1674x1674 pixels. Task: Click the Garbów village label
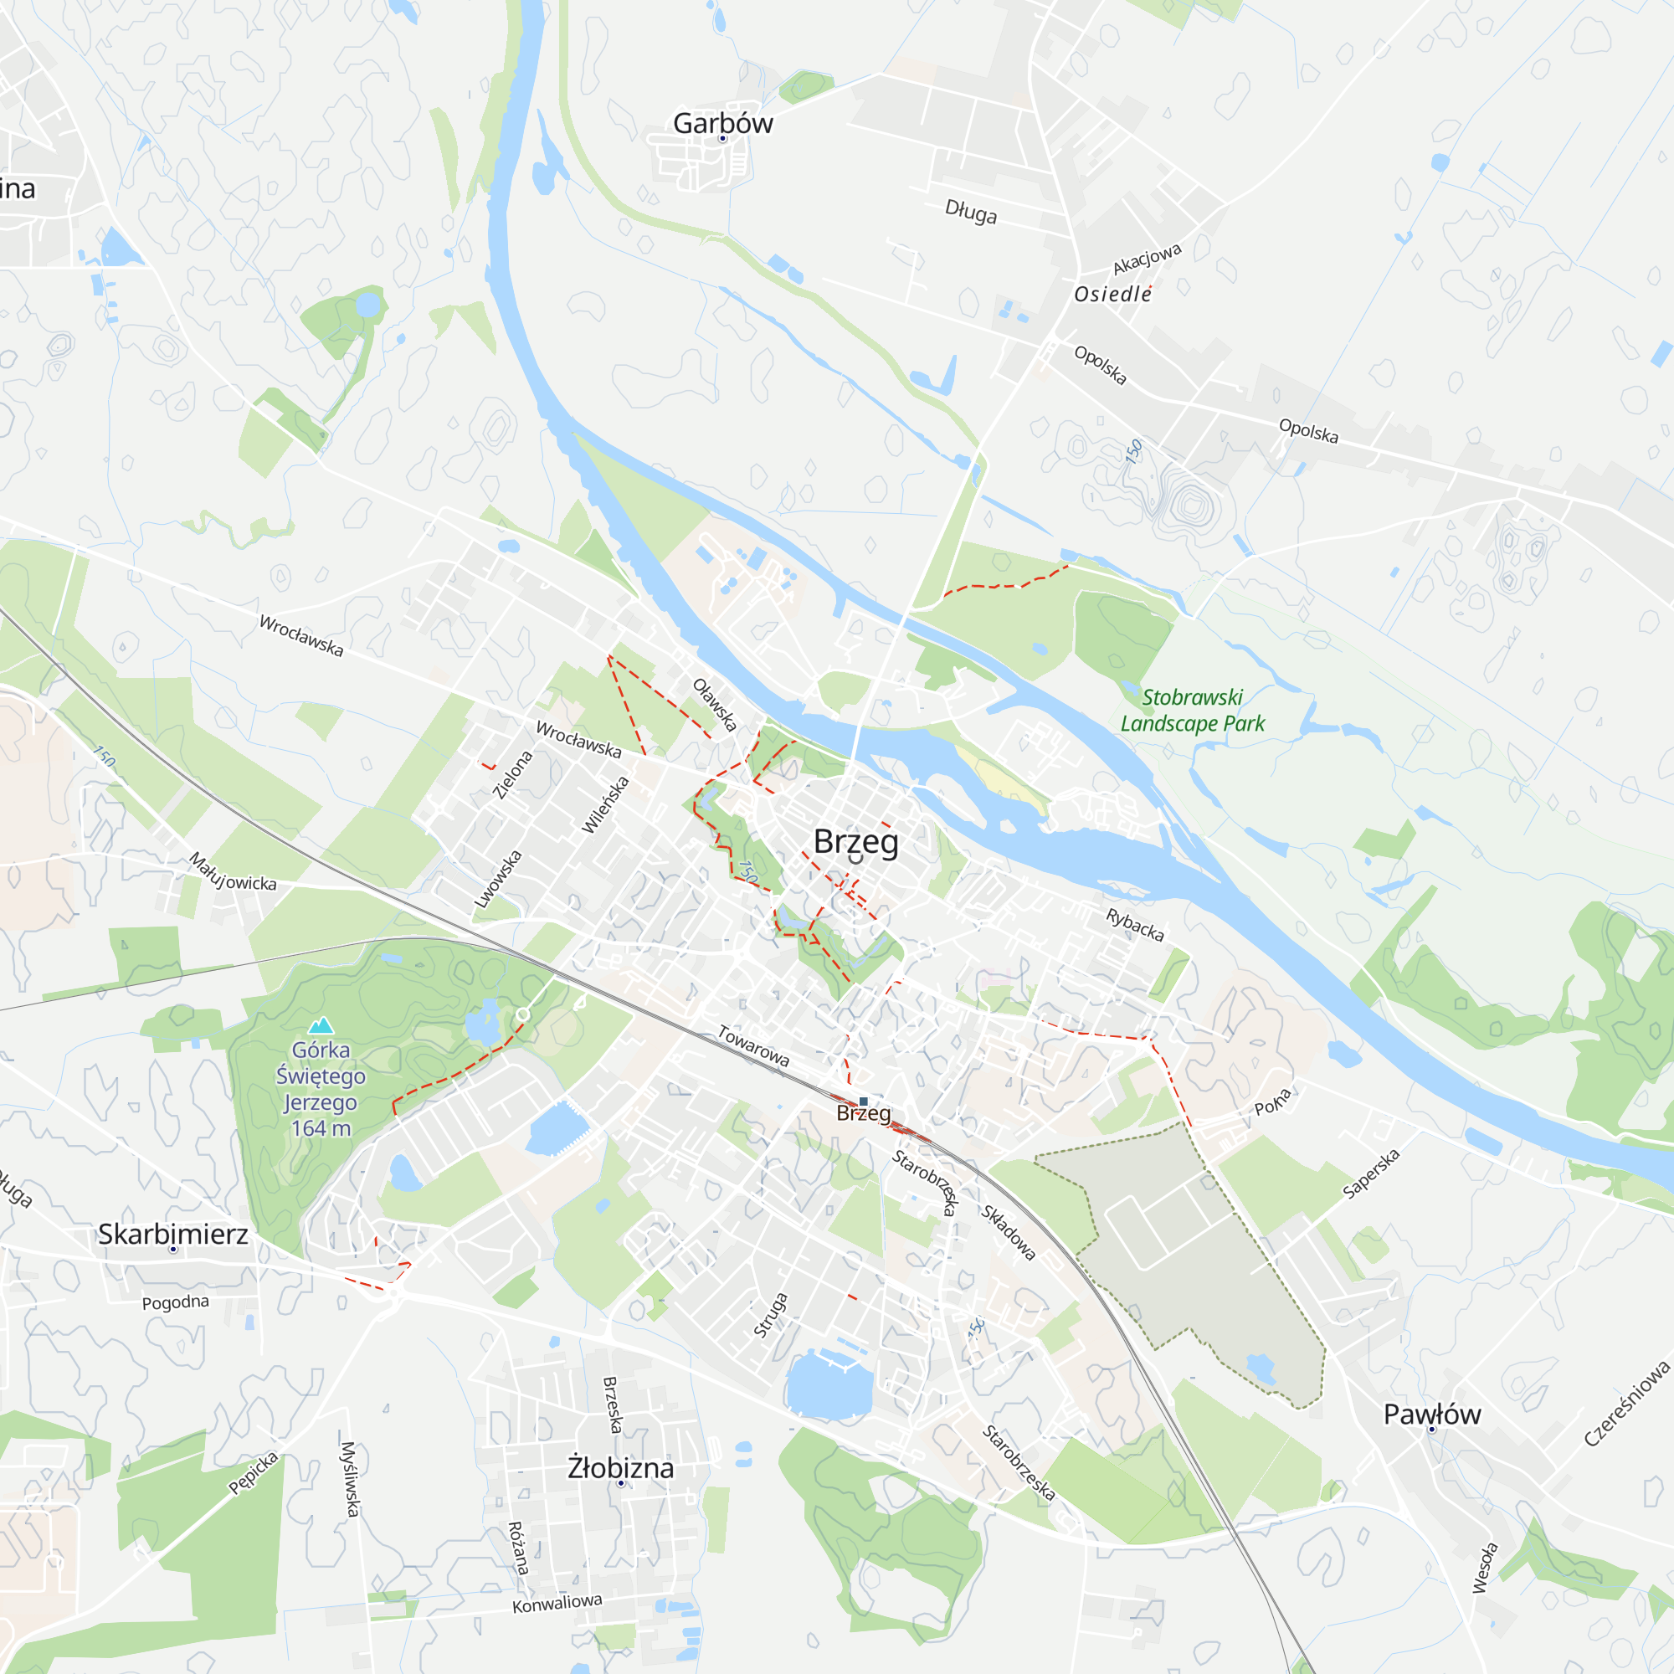[722, 123]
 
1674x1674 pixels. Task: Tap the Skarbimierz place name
[172, 1234]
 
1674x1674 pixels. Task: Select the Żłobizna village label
[620, 1468]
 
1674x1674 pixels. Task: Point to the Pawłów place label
[1432, 1414]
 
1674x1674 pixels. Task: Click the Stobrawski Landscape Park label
[1192, 710]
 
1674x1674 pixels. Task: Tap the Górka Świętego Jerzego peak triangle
[321, 1026]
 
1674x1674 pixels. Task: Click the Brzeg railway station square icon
[863, 1101]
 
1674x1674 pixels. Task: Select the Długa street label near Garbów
[970, 212]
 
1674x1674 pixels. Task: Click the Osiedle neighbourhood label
[1112, 295]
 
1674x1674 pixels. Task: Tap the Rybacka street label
[1135, 925]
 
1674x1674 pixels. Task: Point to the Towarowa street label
[754, 1045]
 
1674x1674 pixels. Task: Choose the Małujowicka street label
[232, 872]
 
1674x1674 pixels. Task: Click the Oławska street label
[715, 705]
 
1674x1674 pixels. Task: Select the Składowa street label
[1009, 1232]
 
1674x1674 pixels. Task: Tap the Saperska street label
[1371, 1173]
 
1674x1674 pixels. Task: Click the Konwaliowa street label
[557, 1603]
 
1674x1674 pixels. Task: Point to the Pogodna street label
[175, 1302]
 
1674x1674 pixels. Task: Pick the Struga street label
[770, 1315]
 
